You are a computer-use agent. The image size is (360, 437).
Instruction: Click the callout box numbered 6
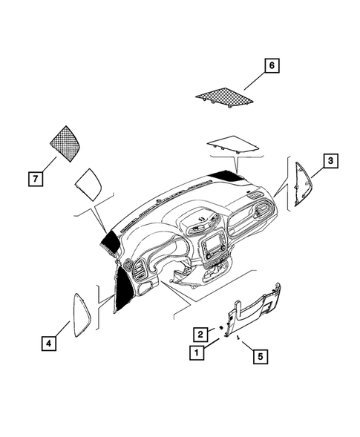pyautogui.click(x=272, y=67)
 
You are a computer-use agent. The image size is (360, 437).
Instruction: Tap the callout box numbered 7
pyautogui.click(x=34, y=178)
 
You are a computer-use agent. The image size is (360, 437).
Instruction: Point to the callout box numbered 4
pyautogui.click(x=48, y=344)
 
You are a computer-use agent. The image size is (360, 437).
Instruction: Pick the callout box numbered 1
pyautogui.click(x=197, y=353)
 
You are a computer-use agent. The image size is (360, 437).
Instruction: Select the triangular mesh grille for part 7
pyautogui.click(x=65, y=141)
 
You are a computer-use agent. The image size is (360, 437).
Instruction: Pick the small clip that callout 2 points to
pyautogui.click(x=220, y=327)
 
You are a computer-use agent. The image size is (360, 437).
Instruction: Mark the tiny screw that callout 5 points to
pyautogui.click(x=238, y=336)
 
